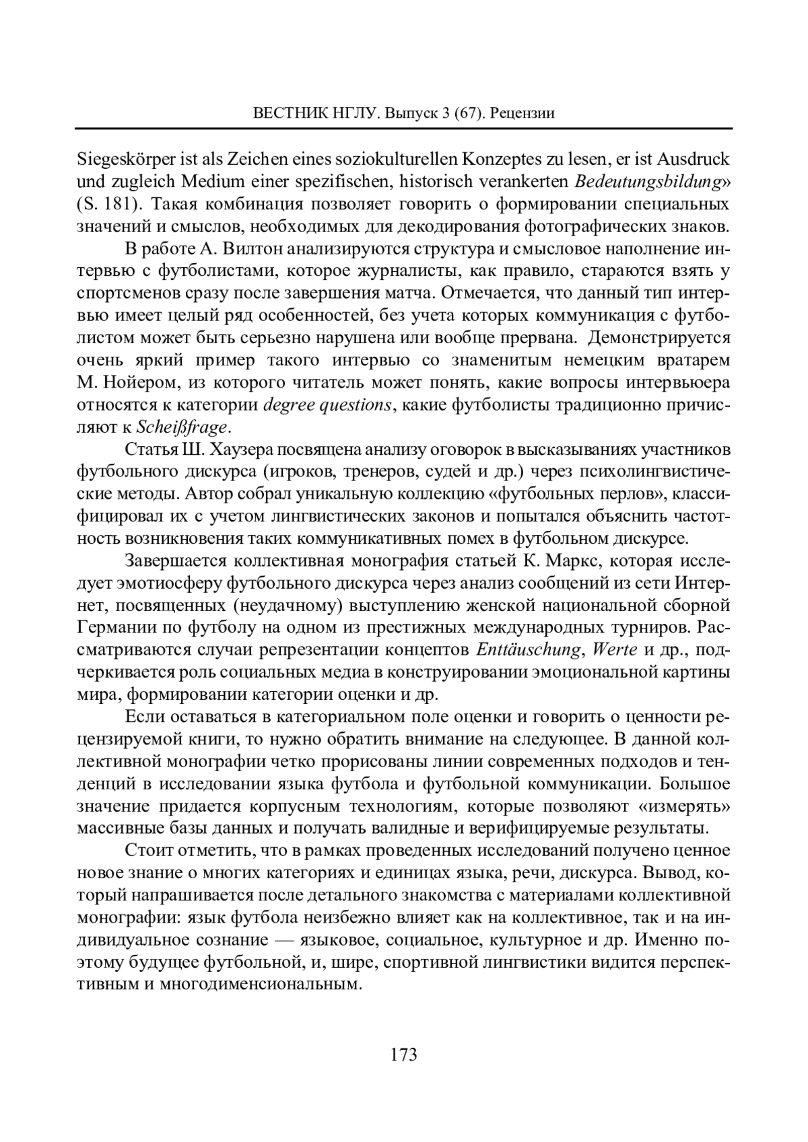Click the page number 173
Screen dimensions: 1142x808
point(404,1054)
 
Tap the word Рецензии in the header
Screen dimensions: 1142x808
point(523,112)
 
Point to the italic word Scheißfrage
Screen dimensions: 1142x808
point(182,427)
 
